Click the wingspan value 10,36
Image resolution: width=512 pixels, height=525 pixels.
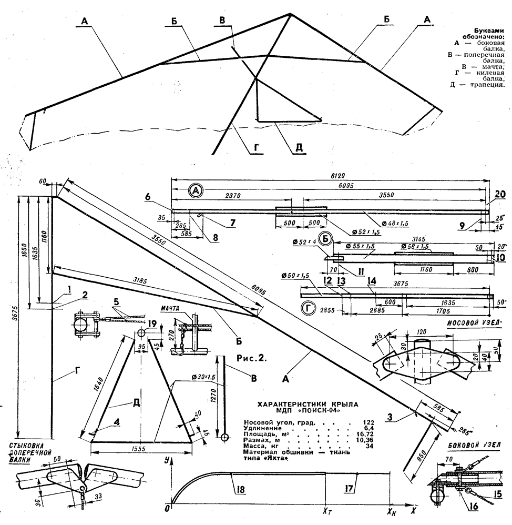pos(356,447)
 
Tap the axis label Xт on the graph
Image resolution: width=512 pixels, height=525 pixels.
pos(326,510)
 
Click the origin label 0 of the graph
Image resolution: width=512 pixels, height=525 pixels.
pos(167,509)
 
